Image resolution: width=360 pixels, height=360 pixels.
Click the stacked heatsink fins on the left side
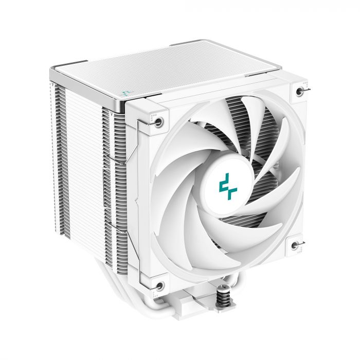[x=77, y=170]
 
